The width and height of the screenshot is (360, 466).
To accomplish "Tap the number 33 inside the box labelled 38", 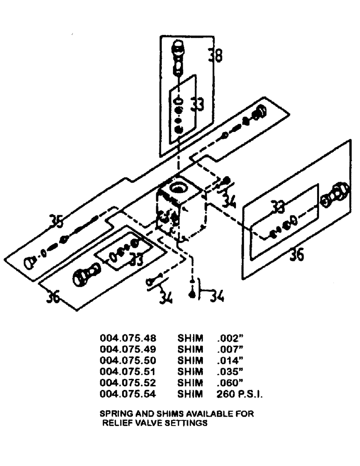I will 197,105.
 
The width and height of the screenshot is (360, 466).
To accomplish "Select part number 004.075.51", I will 127,372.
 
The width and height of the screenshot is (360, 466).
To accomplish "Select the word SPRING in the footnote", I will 114,414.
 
